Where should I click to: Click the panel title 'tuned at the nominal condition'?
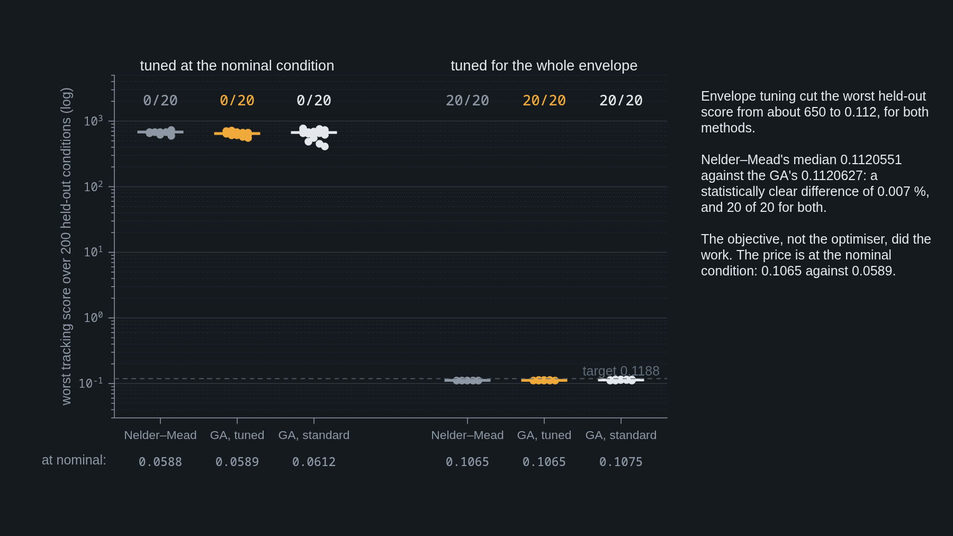coord(237,66)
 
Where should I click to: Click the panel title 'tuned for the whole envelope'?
coord(544,66)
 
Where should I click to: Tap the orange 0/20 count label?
coord(237,100)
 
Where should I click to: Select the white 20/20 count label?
coord(621,100)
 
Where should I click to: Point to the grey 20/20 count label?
coord(467,100)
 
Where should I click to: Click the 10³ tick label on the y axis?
coord(93,121)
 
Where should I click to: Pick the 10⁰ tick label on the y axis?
coord(93,317)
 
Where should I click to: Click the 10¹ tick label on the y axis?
coord(93,252)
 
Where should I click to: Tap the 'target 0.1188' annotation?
coord(621,371)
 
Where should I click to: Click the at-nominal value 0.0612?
coord(314,462)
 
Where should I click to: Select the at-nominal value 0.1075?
coord(621,462)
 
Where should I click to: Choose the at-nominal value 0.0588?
coord(160,462)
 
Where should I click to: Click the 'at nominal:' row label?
coord(74,460)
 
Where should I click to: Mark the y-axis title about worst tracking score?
coord(66,246)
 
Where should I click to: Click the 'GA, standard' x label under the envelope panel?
coord(621,435)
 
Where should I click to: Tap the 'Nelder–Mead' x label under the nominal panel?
coord(160,435)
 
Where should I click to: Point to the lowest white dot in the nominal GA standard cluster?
coord(325,147)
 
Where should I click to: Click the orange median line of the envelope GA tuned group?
coord(544,380)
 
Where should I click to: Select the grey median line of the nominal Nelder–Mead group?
coord(160,132)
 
